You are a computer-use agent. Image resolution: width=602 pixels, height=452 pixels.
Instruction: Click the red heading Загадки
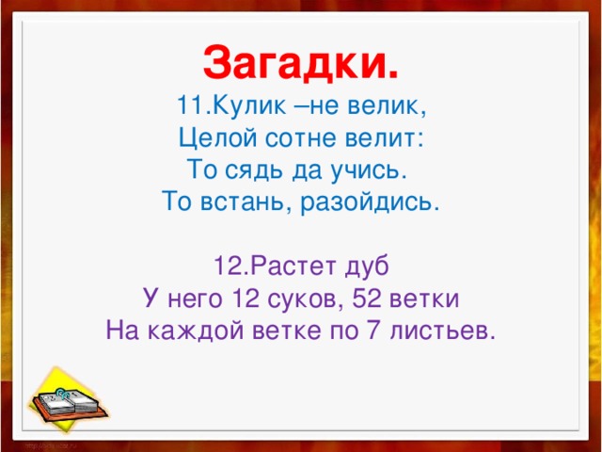click(301, 64)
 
